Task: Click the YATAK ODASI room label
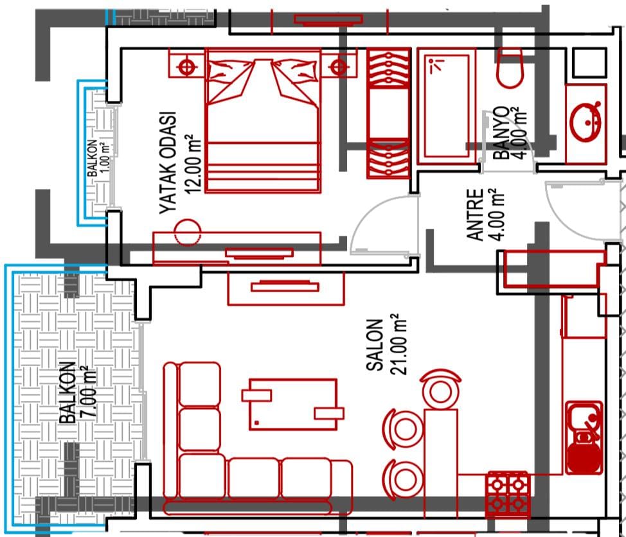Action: (168, 163)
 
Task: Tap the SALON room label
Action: (375, 345)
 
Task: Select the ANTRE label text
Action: (475, 215)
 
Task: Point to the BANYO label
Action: (501, 133)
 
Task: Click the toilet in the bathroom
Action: (510, 68)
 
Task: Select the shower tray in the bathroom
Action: (446, 106)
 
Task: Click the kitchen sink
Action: (584, 437)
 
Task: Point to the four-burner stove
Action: (508, 495)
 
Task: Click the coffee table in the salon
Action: (293, 405)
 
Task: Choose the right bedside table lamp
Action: (339, 66)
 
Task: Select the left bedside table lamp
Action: (186, 66)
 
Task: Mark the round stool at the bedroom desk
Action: (187, 232)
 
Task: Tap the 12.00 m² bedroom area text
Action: (192, 164)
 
